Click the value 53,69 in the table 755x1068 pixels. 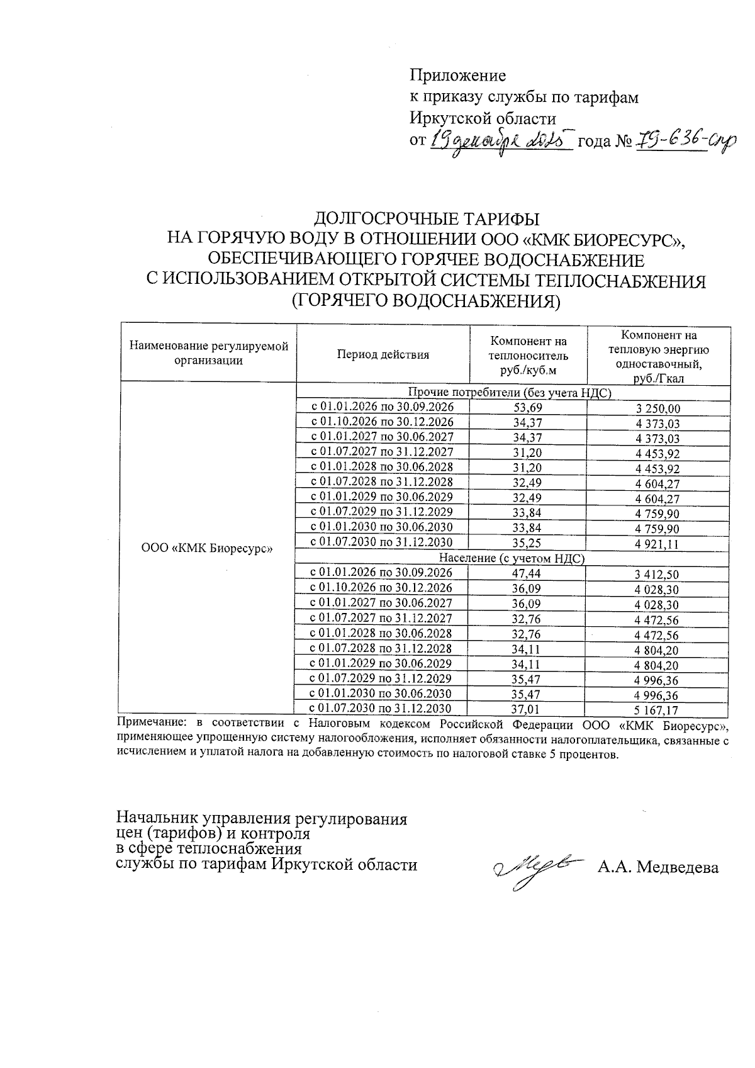528,408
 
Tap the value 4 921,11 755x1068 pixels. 657,544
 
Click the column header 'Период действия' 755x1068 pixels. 383,354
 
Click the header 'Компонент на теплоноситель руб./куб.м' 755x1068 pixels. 528,355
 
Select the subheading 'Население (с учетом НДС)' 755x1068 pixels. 512,558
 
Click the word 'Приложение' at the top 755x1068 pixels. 457,76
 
